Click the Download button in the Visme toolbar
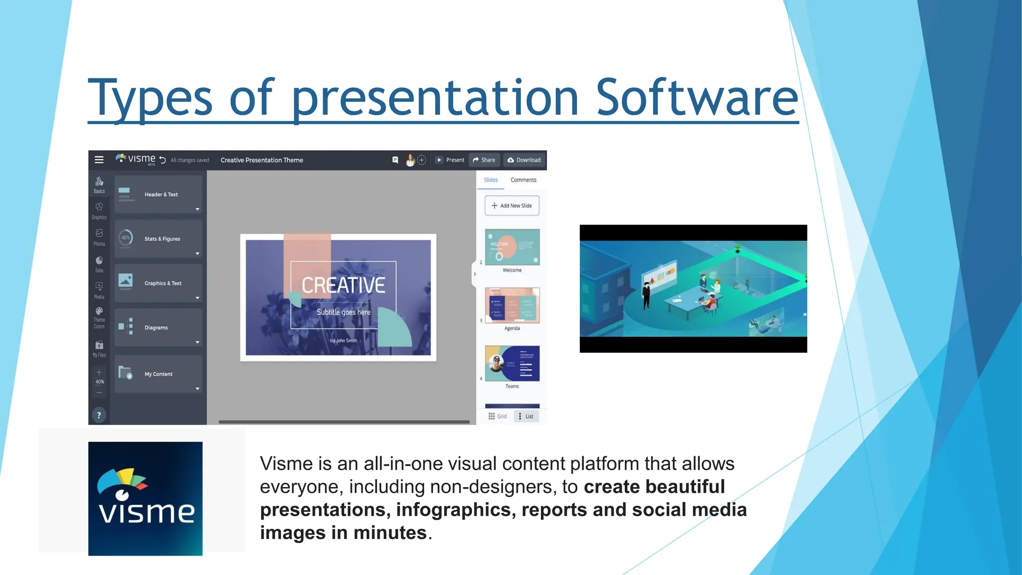pos(524,160)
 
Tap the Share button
pos(484,160)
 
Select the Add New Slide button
pos(512,206)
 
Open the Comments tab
pos(523,180)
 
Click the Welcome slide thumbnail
pos(512,247)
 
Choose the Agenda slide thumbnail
pos(512,305)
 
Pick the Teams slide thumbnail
pos(512,363)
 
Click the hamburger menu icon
pos(99,160)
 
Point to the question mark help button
pos(99,415)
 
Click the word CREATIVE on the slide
pos(343,286)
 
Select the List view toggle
pos(526,416)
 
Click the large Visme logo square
pos(145,499)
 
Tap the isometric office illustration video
pos(693,289)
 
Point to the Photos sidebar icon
pos(99,237)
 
